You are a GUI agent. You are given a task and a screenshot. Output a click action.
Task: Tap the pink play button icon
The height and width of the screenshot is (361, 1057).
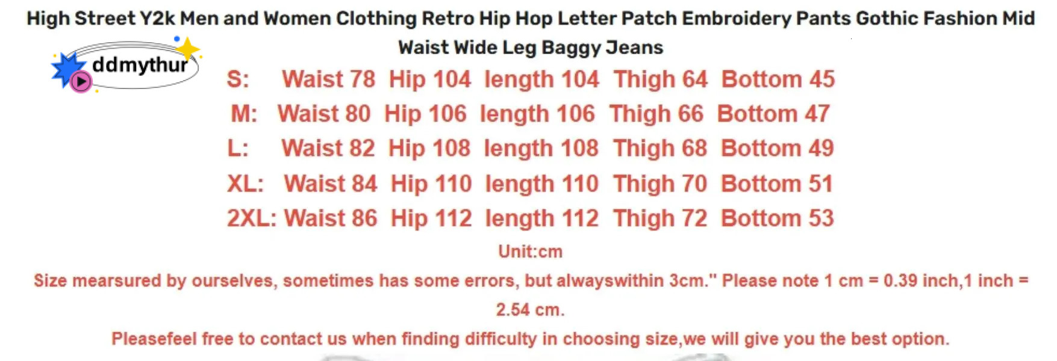(x=81, y=81)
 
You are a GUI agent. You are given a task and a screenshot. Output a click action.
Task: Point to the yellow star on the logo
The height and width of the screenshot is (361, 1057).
(x=188, y=49)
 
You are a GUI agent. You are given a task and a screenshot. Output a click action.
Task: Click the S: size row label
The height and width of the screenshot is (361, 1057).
(x=238, y=79)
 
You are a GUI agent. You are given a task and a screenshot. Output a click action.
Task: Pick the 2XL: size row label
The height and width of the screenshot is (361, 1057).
(x=251, y=218)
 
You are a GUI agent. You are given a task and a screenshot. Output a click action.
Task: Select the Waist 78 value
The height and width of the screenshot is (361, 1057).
(x=328, y=79)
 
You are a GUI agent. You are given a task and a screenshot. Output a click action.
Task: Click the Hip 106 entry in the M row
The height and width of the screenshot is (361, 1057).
(x=425, y=114)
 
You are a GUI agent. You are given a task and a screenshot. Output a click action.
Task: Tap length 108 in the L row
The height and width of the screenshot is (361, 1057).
(x=541, y=149)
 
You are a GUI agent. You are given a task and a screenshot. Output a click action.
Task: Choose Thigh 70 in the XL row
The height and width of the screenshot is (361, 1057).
(x=660, y=184)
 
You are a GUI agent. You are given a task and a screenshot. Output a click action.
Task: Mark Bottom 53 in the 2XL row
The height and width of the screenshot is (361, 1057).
(x=777, y=218)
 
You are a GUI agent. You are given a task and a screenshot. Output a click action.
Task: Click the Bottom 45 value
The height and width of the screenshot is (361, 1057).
(x=778, y=79)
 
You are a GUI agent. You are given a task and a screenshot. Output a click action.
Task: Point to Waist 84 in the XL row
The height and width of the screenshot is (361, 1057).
(x=331, y=184)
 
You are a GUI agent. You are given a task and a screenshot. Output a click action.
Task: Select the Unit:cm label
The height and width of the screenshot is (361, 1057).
(x=530, y=251)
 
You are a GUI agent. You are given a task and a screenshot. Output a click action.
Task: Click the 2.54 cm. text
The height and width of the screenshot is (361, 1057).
(x=530, y=310)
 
